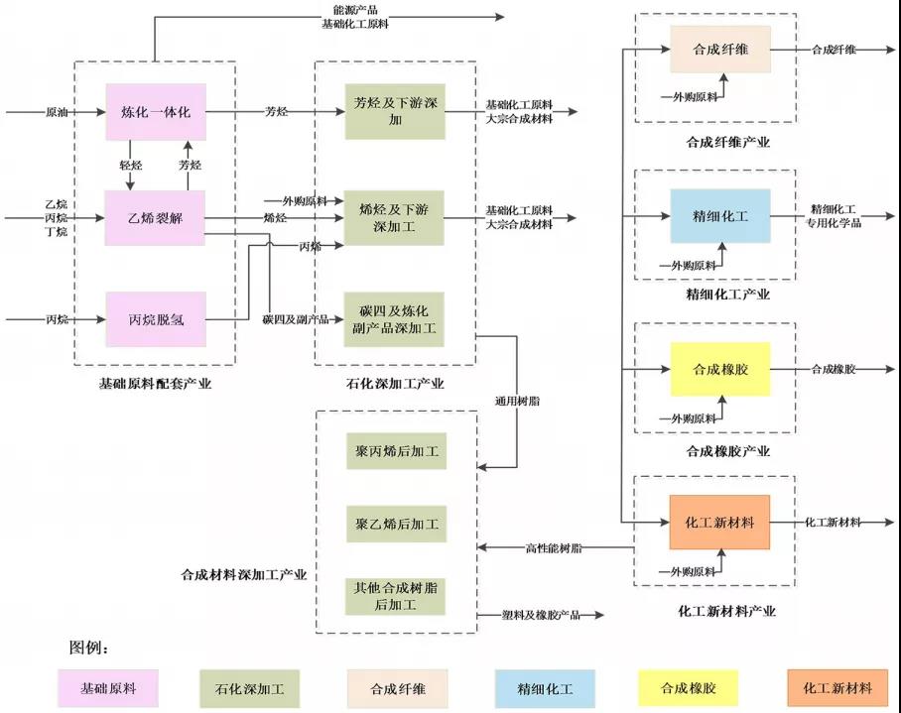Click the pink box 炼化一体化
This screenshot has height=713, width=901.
click(156, 112)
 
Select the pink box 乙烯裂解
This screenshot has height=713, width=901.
click(155, 218)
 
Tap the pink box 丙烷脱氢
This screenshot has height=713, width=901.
click(156, 319)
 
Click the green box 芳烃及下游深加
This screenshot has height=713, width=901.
click(395, 111)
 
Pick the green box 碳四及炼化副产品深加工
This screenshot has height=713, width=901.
click(394, 319)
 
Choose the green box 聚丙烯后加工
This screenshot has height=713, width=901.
click(397, 451)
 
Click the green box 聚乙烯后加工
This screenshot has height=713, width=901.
click(397, 524)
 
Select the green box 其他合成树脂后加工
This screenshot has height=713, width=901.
click(395, 596)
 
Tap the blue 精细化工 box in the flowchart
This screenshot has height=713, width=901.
click(720, 216)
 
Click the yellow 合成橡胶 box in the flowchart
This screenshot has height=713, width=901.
click(720, 369)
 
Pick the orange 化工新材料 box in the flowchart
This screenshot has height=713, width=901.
click(719, 523)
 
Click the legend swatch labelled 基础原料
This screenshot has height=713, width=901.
click(108, 688)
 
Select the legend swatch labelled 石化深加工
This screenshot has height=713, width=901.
click(249, 688)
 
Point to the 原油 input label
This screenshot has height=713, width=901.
click(57, 112)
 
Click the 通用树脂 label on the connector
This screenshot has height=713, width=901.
click(517, 401)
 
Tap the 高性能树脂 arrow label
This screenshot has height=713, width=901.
click(554, 548)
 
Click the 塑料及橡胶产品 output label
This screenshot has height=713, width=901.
click(541, 615)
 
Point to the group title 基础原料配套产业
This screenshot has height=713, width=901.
click(155, 384)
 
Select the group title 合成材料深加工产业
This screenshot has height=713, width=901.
click(244, 574)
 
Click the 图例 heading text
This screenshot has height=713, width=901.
click(88, 648)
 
